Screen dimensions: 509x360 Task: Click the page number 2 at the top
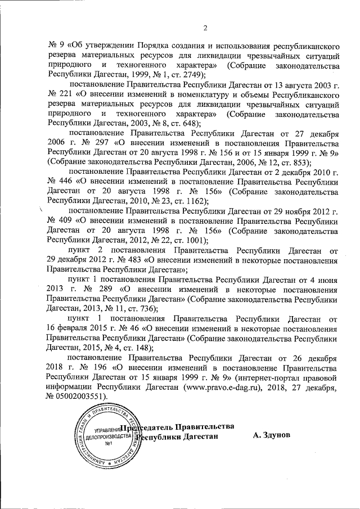205,29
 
